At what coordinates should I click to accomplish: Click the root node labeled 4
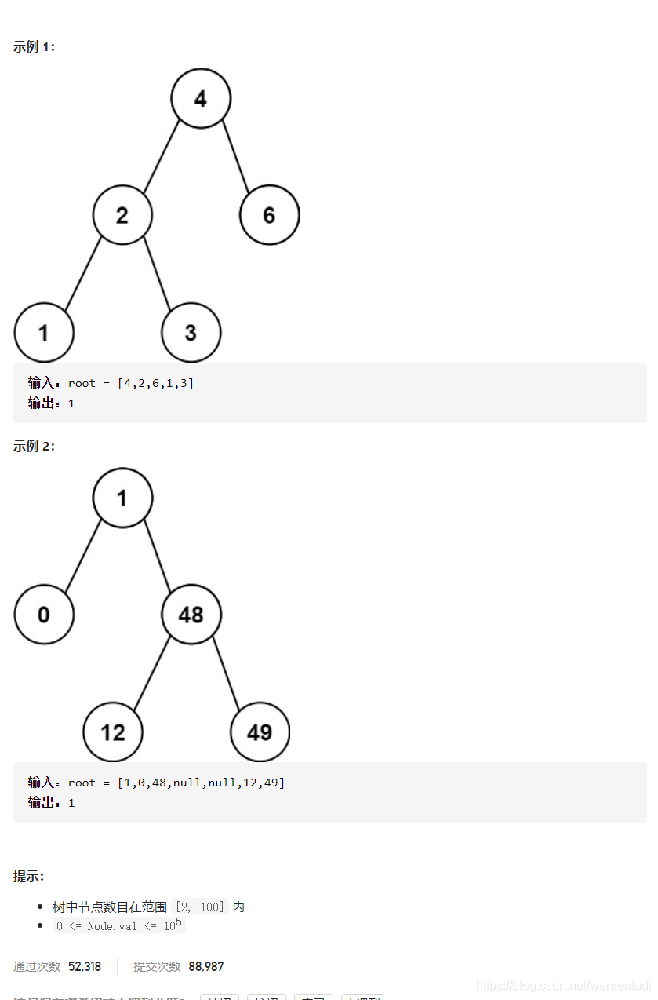(201, 98)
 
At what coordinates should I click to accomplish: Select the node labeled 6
(269, 215)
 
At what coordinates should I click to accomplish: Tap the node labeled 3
(191, 332)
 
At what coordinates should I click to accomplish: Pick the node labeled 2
(122, 215)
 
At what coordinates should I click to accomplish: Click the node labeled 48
(191, 615)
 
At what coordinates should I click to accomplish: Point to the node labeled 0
(44, 615)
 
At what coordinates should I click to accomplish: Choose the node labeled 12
(113, 732)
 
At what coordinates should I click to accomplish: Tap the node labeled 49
(260, 732)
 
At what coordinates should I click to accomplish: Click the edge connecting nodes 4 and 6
(235, 157)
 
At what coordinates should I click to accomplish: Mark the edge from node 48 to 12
(152, 673)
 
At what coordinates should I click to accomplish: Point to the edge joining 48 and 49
(226, 673)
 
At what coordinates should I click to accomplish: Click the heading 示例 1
(35, 47)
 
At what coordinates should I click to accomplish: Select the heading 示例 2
(35, 447)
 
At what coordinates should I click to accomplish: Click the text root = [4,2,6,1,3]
(131, 383)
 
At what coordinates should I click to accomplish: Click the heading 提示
(29, 876)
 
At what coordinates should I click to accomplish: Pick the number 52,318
(85, 966)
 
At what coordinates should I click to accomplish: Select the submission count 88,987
(206, 966)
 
